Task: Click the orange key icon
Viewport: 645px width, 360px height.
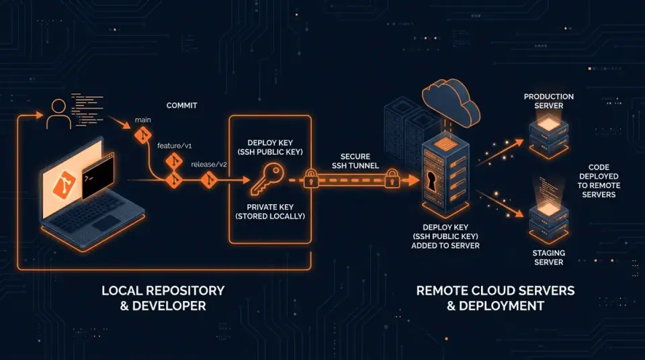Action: point(267,179)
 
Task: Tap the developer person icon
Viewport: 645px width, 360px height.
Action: point(58,114)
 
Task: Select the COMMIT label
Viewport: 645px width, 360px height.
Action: point(182,105)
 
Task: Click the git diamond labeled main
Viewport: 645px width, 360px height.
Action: point(143,135)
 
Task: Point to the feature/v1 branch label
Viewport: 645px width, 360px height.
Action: point(175,146)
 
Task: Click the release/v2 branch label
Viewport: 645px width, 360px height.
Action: point(209,164)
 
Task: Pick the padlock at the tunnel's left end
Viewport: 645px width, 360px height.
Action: point(311,178)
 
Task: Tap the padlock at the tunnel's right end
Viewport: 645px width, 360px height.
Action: point(392,178)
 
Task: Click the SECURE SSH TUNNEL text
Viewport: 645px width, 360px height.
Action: point(355,161)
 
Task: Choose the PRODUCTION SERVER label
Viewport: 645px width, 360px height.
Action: point(549,101)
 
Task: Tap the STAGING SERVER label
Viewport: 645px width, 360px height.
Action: point(549,257)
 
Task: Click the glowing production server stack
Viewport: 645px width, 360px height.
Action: point(549,136)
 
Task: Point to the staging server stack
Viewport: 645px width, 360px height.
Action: point(549,222)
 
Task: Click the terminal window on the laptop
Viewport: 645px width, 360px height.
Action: point(98,176)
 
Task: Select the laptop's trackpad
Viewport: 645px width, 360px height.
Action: point(106,222)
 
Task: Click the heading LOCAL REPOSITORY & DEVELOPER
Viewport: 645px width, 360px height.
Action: point(163,298)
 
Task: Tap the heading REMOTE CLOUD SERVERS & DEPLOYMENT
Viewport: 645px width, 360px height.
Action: point(495,298)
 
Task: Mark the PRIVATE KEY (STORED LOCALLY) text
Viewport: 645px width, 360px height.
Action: point(270,212)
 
